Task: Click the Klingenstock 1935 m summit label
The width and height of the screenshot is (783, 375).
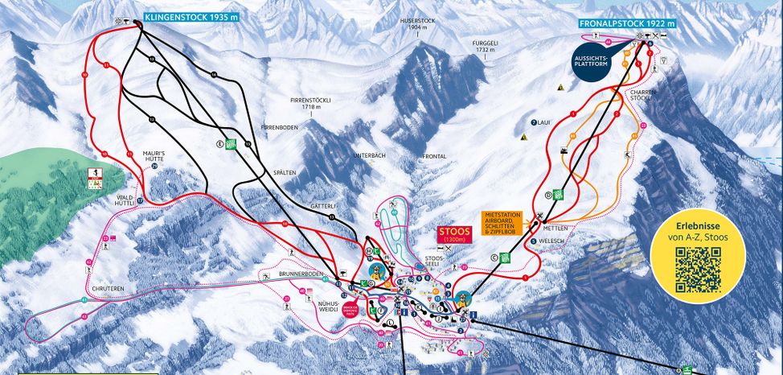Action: [192, 16]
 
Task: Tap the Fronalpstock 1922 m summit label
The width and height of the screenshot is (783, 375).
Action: [627, 24]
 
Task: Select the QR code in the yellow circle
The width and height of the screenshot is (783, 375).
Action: [697, 270]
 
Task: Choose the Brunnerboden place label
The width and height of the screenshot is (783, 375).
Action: [301, 274]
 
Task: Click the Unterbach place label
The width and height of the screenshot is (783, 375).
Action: [369, 155]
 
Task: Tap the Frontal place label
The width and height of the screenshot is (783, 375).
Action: [434, 155]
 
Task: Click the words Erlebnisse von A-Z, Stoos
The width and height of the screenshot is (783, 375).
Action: [697, 232]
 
